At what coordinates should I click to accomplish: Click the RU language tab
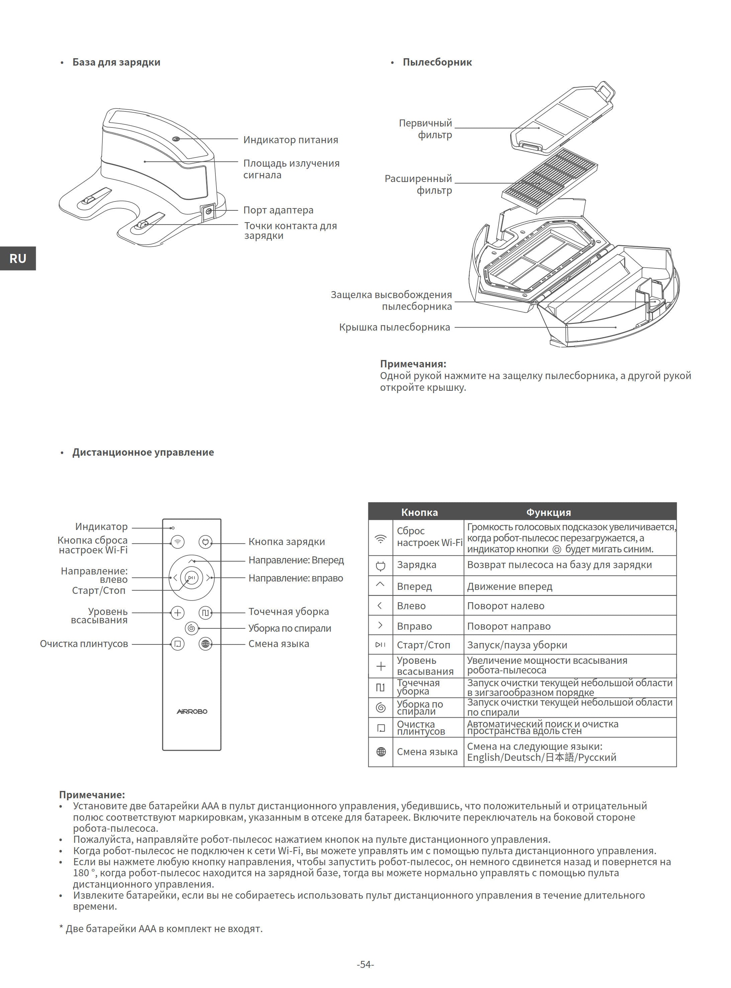[18, 258]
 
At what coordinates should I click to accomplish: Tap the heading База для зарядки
[116, 62]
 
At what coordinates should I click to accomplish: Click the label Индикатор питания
[291, 140]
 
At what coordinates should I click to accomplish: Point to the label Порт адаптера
[278, 210]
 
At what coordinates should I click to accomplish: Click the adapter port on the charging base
[209, 211]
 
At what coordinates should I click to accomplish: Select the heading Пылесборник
[437, 62]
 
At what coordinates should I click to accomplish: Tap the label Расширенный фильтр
[418, 184]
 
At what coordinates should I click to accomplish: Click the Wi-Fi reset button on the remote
[177, 542]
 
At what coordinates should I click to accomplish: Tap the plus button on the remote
[177, 613]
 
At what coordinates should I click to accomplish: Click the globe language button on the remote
[205, 644]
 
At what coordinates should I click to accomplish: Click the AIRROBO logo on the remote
[192, 711]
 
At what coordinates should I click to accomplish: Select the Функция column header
[548, 512]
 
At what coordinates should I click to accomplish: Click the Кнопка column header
[420, 512]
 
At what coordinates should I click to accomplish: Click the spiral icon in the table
[380, 708]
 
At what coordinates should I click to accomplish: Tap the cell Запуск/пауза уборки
[517, 645]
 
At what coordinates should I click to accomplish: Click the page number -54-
[365, 965]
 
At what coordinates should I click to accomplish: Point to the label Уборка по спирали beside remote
[290, 628]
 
